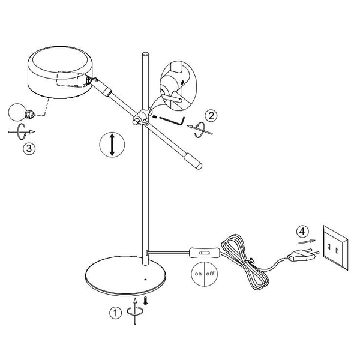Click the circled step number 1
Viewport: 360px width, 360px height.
click(115, 313)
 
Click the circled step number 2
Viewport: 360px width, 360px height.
click(211, 116)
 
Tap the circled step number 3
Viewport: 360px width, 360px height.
click(29, 148)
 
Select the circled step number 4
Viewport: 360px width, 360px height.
click(302, 232)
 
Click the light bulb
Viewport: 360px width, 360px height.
click(22, 112)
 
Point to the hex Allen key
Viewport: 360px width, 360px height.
click(172, 121)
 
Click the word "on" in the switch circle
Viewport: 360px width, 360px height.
click(198, 274)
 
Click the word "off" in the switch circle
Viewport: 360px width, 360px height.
click(210, 273)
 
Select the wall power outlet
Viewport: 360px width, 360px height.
click(335, 247)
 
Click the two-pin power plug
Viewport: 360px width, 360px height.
click(303, 255)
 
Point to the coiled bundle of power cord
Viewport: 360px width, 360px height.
click(245, 262)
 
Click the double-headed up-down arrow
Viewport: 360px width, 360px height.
click(112, 145)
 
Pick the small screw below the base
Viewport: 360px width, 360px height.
click(145, 301)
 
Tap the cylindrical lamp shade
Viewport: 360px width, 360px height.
click(61, 73)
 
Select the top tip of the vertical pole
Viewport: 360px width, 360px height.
click(145, 54)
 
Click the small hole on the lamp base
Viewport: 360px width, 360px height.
click(145, 280)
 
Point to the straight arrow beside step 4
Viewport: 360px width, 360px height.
click(307, 242)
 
